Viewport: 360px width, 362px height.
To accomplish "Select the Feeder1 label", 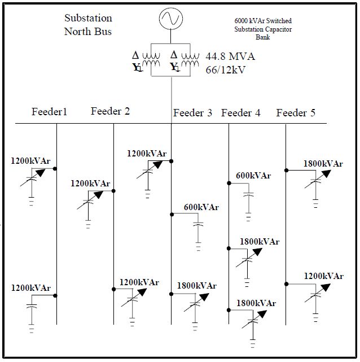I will [49, 112].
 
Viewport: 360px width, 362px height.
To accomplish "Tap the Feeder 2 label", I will [110, 111].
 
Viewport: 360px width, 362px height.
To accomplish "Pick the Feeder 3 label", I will [192, 113].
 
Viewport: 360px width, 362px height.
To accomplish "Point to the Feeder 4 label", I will [241, 113].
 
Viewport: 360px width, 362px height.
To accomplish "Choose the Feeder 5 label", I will [296, 113].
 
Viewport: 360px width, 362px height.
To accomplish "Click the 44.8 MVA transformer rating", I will [230, 56].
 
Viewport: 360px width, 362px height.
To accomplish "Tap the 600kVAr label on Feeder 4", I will [253, 176].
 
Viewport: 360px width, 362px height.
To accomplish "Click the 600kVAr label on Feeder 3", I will [201, 207].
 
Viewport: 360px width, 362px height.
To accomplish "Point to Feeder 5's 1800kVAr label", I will [323, 164].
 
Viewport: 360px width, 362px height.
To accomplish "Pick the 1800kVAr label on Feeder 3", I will [196, 286].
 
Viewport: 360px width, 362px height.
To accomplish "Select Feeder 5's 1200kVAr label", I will [323, 276].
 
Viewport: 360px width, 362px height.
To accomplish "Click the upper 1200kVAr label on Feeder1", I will [30, 161].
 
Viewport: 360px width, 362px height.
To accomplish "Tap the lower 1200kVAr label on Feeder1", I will [30, 288].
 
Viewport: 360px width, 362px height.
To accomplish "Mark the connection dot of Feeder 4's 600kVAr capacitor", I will [229, 183].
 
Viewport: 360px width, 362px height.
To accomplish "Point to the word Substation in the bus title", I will [88, 19].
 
